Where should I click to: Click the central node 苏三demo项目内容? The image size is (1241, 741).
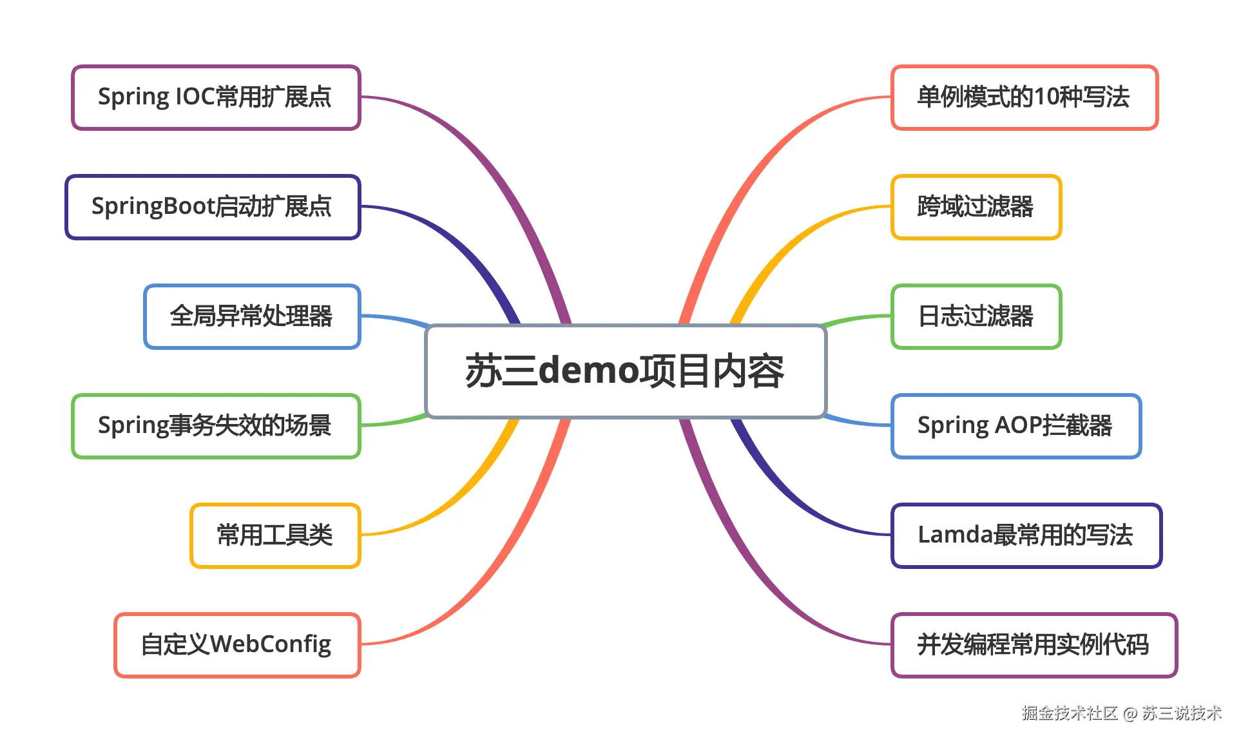click(x=625, y=371)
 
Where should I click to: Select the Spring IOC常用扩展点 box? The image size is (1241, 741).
click(x=216, y=97)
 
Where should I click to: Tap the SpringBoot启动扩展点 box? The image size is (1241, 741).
click(x=213, y=207)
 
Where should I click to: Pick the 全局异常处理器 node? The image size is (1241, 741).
click(x=252, y=316)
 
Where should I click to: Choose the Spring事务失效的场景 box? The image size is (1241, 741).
click(x=216, y=426)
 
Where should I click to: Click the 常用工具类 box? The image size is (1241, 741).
click(x=275, y=535)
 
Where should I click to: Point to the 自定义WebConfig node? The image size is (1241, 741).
click(x=237, y=645)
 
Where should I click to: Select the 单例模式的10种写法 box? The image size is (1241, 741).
click(x=1025, y=97)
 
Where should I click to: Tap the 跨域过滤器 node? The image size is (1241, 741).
click(x=976, y=207)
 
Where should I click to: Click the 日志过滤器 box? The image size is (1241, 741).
click(x=976, y=316)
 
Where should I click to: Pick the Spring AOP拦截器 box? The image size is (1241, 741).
click(x=1015, y=426)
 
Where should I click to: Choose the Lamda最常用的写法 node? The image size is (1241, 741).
click(x=1026, y=535)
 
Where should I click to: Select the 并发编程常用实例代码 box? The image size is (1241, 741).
click(x=1034, y=645)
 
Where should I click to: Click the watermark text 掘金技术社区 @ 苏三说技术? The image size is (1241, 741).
click(x=1121, y=713)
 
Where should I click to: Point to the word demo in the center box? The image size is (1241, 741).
click(x=588, y=371)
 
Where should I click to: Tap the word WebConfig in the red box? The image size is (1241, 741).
click(x=271, y=645)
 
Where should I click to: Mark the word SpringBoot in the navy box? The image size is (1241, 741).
click(x=153, y=207)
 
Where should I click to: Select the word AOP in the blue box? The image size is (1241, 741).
click(x=1018, y=426)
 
